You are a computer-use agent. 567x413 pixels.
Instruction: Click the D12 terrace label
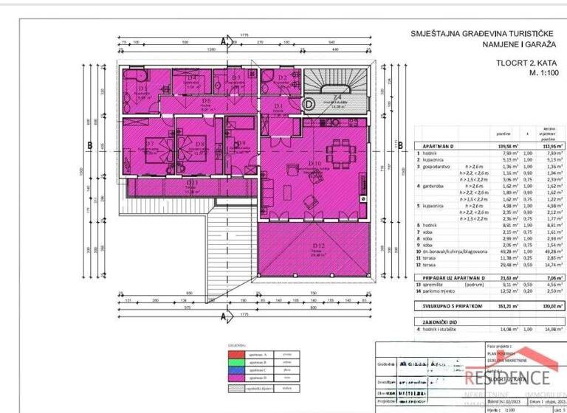(x=319, y=246)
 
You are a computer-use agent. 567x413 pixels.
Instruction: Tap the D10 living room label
(x=315, y=164)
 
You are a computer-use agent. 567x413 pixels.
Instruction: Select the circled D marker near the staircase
(x=309, y=104)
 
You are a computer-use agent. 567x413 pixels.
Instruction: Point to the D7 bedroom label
(x=149, y=144)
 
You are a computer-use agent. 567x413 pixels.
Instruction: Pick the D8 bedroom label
(x=200, y=144)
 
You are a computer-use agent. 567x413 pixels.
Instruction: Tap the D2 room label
(x=283, y=77)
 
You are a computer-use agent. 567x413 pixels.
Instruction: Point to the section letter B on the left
(x=89, y=146)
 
